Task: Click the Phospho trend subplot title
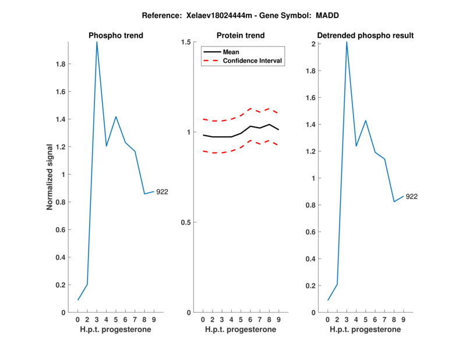[x=115, y=36]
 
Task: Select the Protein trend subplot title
[x=241, y=36]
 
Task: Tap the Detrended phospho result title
[x=365, y=36]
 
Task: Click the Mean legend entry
[x=231, y=52]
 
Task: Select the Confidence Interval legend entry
[x=253, y=61]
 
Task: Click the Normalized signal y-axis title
[x=51, y=177]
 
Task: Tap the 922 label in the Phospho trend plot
[x=161, y=192]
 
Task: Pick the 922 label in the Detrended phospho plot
[x=411, y=196]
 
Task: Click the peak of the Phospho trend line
[x=97, y=42]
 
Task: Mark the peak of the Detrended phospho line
[x=347, y=42]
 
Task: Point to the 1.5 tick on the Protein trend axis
[x=187, y=42]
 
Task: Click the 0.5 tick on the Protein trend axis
[x=187, y=223]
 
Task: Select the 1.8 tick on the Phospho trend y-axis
[x=60, y=64]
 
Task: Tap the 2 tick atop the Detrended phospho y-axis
[x=313, y=44]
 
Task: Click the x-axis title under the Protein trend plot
[x=241, y=330]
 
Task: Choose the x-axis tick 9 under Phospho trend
[x=154, y=320]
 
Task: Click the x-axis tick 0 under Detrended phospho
[x=328, y=320]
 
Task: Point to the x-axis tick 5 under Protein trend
[x=241, y=320]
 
